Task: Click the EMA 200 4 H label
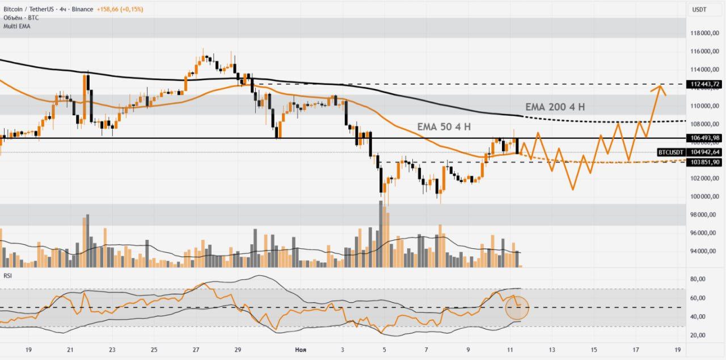[x=555, y=107]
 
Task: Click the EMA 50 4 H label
[x=444, y=127]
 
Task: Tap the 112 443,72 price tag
[x=705, y=84]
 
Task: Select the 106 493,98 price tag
[x=705, y=138]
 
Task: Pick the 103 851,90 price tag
[x=705, y=162]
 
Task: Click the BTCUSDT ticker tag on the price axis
[x=670, y=152]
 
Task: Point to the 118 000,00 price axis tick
[x=705, y=33]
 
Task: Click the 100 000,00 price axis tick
[x=705, y=197]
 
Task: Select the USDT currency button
[x=699, y=10]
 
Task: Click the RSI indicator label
[x=8, y=276]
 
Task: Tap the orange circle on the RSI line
[x=517, y=308]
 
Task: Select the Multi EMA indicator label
[x=17, y=26]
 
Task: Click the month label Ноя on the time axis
[x=301, y=350]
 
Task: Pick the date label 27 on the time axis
[x=196, y=350]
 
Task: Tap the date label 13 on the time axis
[x=551, y=350]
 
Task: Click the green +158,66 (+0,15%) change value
[x=113, y=10]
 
